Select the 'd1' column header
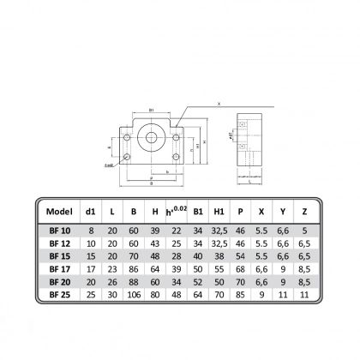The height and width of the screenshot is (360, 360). [x=92, y=211]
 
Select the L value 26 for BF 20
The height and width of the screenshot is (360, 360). [x=112, y=280]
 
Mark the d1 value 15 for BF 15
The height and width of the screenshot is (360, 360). [x=92, y=255]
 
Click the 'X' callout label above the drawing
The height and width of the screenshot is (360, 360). [x=219, y=103]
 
